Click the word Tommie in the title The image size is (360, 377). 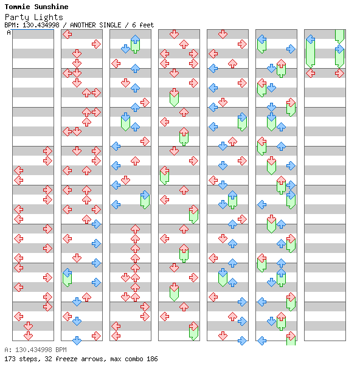click(17, 7)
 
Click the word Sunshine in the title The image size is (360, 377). click(51, 7)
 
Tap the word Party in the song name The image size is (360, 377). click(17, 17)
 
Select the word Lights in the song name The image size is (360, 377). click(48, 17)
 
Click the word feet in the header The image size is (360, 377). click(147, 25)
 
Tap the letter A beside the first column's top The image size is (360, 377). click(9, 32)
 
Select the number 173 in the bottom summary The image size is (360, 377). click(10, 359)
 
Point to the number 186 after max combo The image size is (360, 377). click(152, 359)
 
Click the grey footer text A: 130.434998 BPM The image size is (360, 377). click(36, 350)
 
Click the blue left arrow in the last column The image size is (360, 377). click(311, 39)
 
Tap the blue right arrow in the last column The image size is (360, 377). click(339, 49)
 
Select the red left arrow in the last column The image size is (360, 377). click(311, 74)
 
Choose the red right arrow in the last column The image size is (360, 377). click(339, 74)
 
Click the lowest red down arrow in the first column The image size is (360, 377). click(29, 336)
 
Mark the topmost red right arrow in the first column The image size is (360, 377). click(47, 151)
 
